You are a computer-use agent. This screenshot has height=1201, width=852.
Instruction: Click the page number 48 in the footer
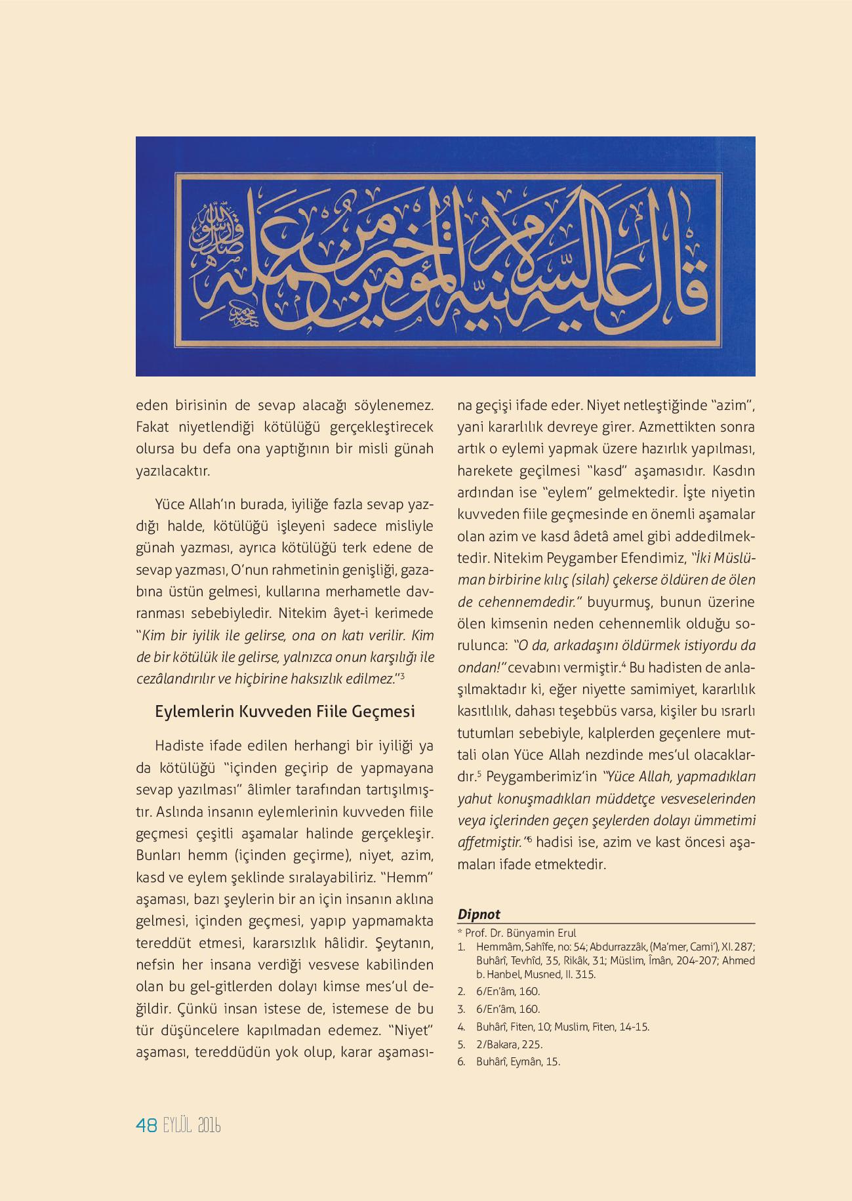click(x=146, y=1126)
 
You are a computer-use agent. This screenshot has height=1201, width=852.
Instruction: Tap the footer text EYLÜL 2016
click(x=192, y=1126)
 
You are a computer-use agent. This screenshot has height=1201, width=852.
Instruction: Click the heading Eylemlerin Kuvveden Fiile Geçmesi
click(x=285, y=712)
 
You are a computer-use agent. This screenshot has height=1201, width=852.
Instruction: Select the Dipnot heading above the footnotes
click(x=479, y=914)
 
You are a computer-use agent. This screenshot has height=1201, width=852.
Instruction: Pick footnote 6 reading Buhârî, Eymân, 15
click(x=518, y=1062)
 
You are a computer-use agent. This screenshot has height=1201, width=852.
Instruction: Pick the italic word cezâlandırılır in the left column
click(x=174, y=679)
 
